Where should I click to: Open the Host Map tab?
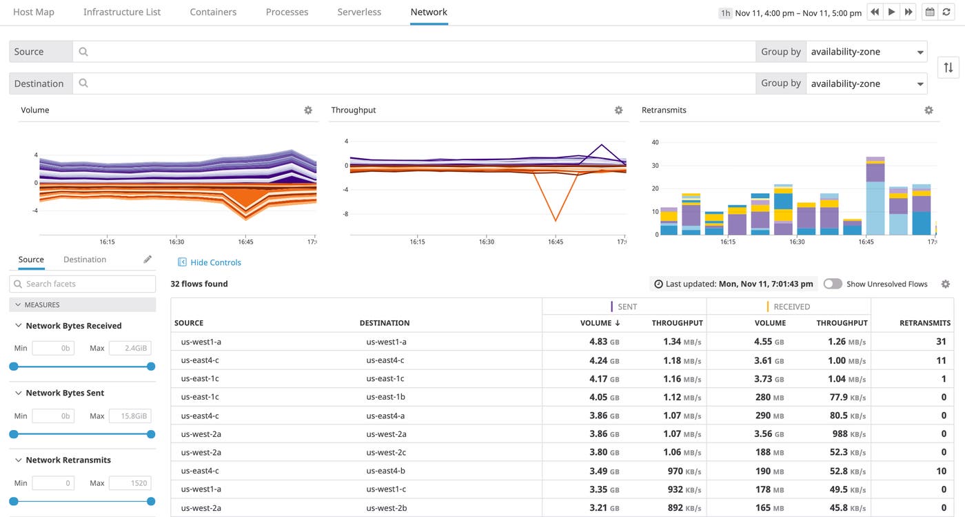(x=33, y=12)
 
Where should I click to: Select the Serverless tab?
(x=359, y=12)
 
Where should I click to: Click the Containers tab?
(x=213, y=12)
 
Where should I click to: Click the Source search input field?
(x=414, y=52)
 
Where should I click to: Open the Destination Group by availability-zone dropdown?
(x=866, y=84)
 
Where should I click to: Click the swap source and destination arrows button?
(x=948, y=67)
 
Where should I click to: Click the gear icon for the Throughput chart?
(x=618, y=110)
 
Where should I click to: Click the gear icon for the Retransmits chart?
(x=928, y=110)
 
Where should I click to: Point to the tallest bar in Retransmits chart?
(x=875, y=197)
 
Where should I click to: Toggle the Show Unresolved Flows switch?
(x=833, y=284)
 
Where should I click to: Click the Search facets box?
(x=83, y=284)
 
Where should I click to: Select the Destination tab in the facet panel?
(x=85, y=260)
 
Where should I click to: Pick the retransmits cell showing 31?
(x=941, y=342)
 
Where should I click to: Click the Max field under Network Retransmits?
(x=130, y=483)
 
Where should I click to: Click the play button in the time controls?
(x=892, y=12)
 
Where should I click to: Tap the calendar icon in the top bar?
(x=929, y=12)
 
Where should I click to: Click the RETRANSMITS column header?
(x=924, y=323)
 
